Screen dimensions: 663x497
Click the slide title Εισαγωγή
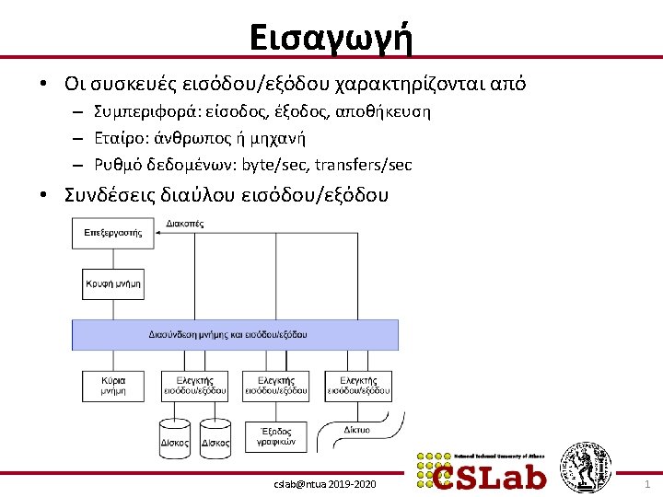pos(331,38)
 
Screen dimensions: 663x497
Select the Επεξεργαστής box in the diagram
pos(113,233)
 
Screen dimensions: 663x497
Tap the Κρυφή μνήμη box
pos(113,283)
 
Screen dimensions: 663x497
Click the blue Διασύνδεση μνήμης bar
pos(235,334)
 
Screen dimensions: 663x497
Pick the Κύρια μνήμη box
pos(113,386)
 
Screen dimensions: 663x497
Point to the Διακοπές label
pos(185,224)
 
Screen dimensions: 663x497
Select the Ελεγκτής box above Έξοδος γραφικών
pos(275,386)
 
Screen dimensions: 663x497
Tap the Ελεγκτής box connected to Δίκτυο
pos(358,386)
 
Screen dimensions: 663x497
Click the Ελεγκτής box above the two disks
pos(194,386)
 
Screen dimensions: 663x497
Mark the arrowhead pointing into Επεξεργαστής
pos(159,233)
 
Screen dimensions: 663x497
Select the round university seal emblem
pos(587,467)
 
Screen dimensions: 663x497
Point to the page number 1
pos(646,483)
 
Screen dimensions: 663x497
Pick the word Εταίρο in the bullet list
pos(115,139)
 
